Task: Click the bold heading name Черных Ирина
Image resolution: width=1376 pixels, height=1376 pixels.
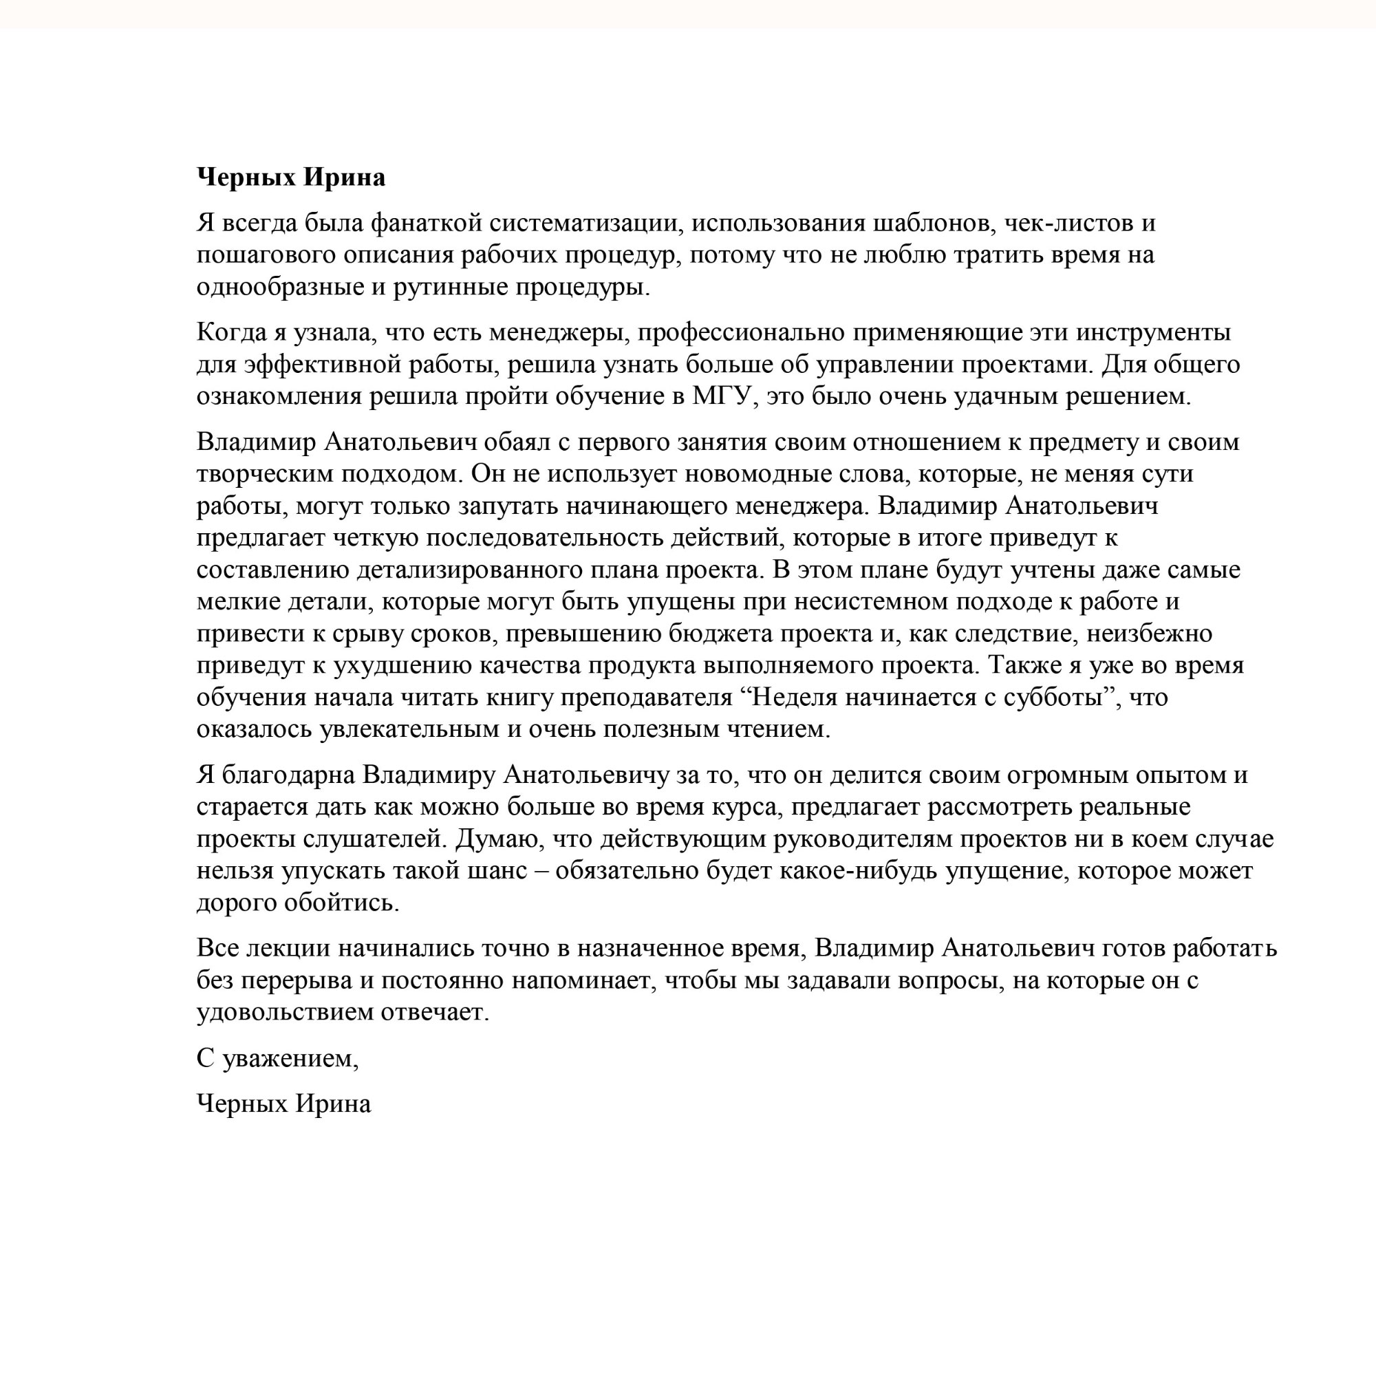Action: pos(290,177)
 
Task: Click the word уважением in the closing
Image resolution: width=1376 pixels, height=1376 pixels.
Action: pos(290,1059)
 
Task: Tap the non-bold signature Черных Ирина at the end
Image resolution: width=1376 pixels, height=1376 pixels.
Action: pos(283,1104)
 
